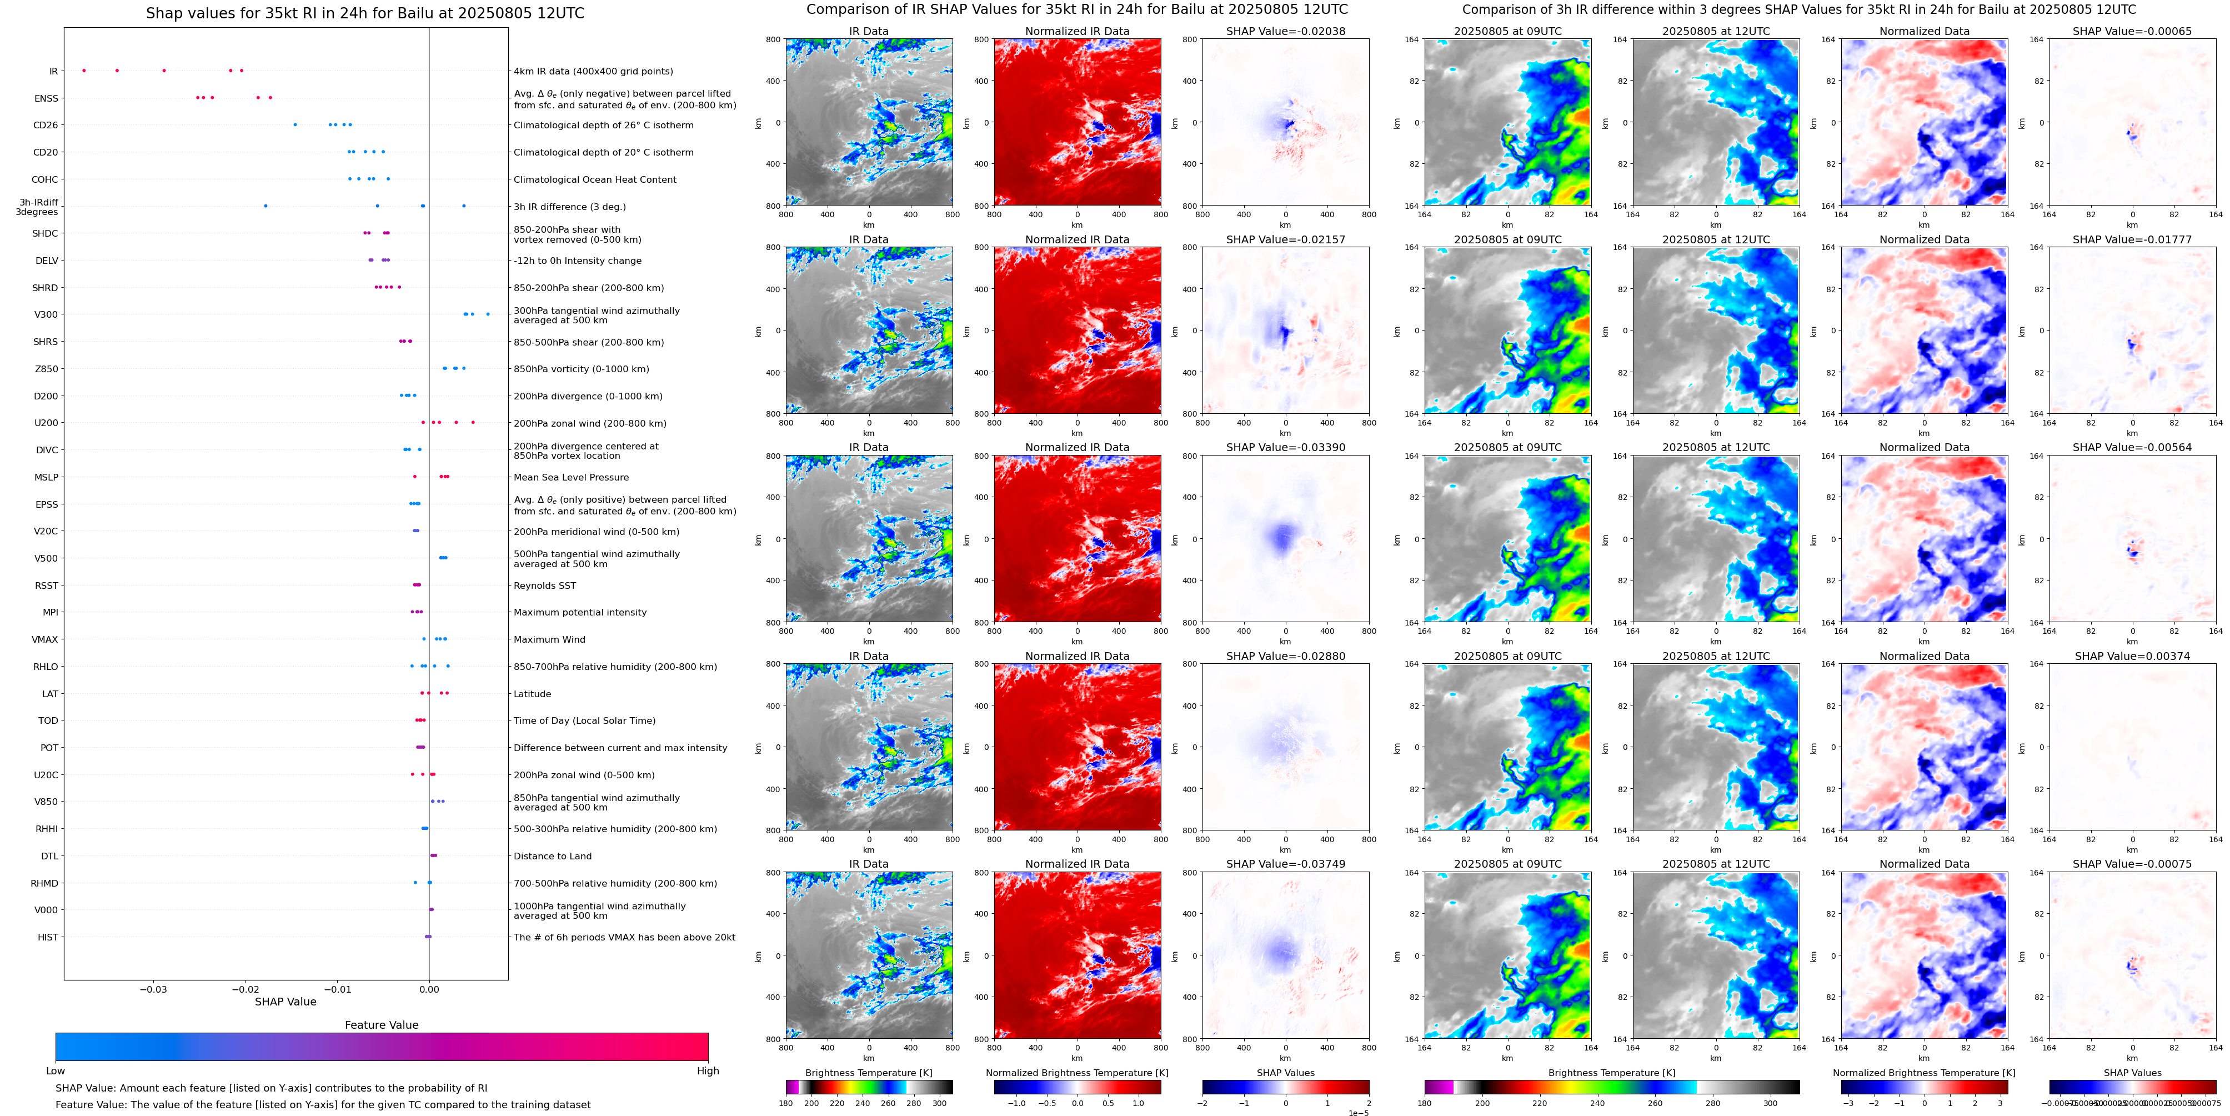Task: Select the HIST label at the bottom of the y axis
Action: click(x=48, y=937)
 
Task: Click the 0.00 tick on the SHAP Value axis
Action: click(x=429, y=989)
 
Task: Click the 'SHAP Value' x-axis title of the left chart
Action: click(x=285, y=1002)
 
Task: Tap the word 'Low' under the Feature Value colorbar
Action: click(x=56, y=1071)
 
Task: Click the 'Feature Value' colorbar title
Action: click(x=381, y=1025)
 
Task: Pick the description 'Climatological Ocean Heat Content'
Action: click(x=595, y=180)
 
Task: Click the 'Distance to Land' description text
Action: click(x=552, y=856)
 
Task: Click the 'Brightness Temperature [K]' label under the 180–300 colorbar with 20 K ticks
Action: click(x=868, y=1073)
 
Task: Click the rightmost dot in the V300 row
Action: click(x=488, y=314)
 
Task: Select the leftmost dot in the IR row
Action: click(x=84, y=70)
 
